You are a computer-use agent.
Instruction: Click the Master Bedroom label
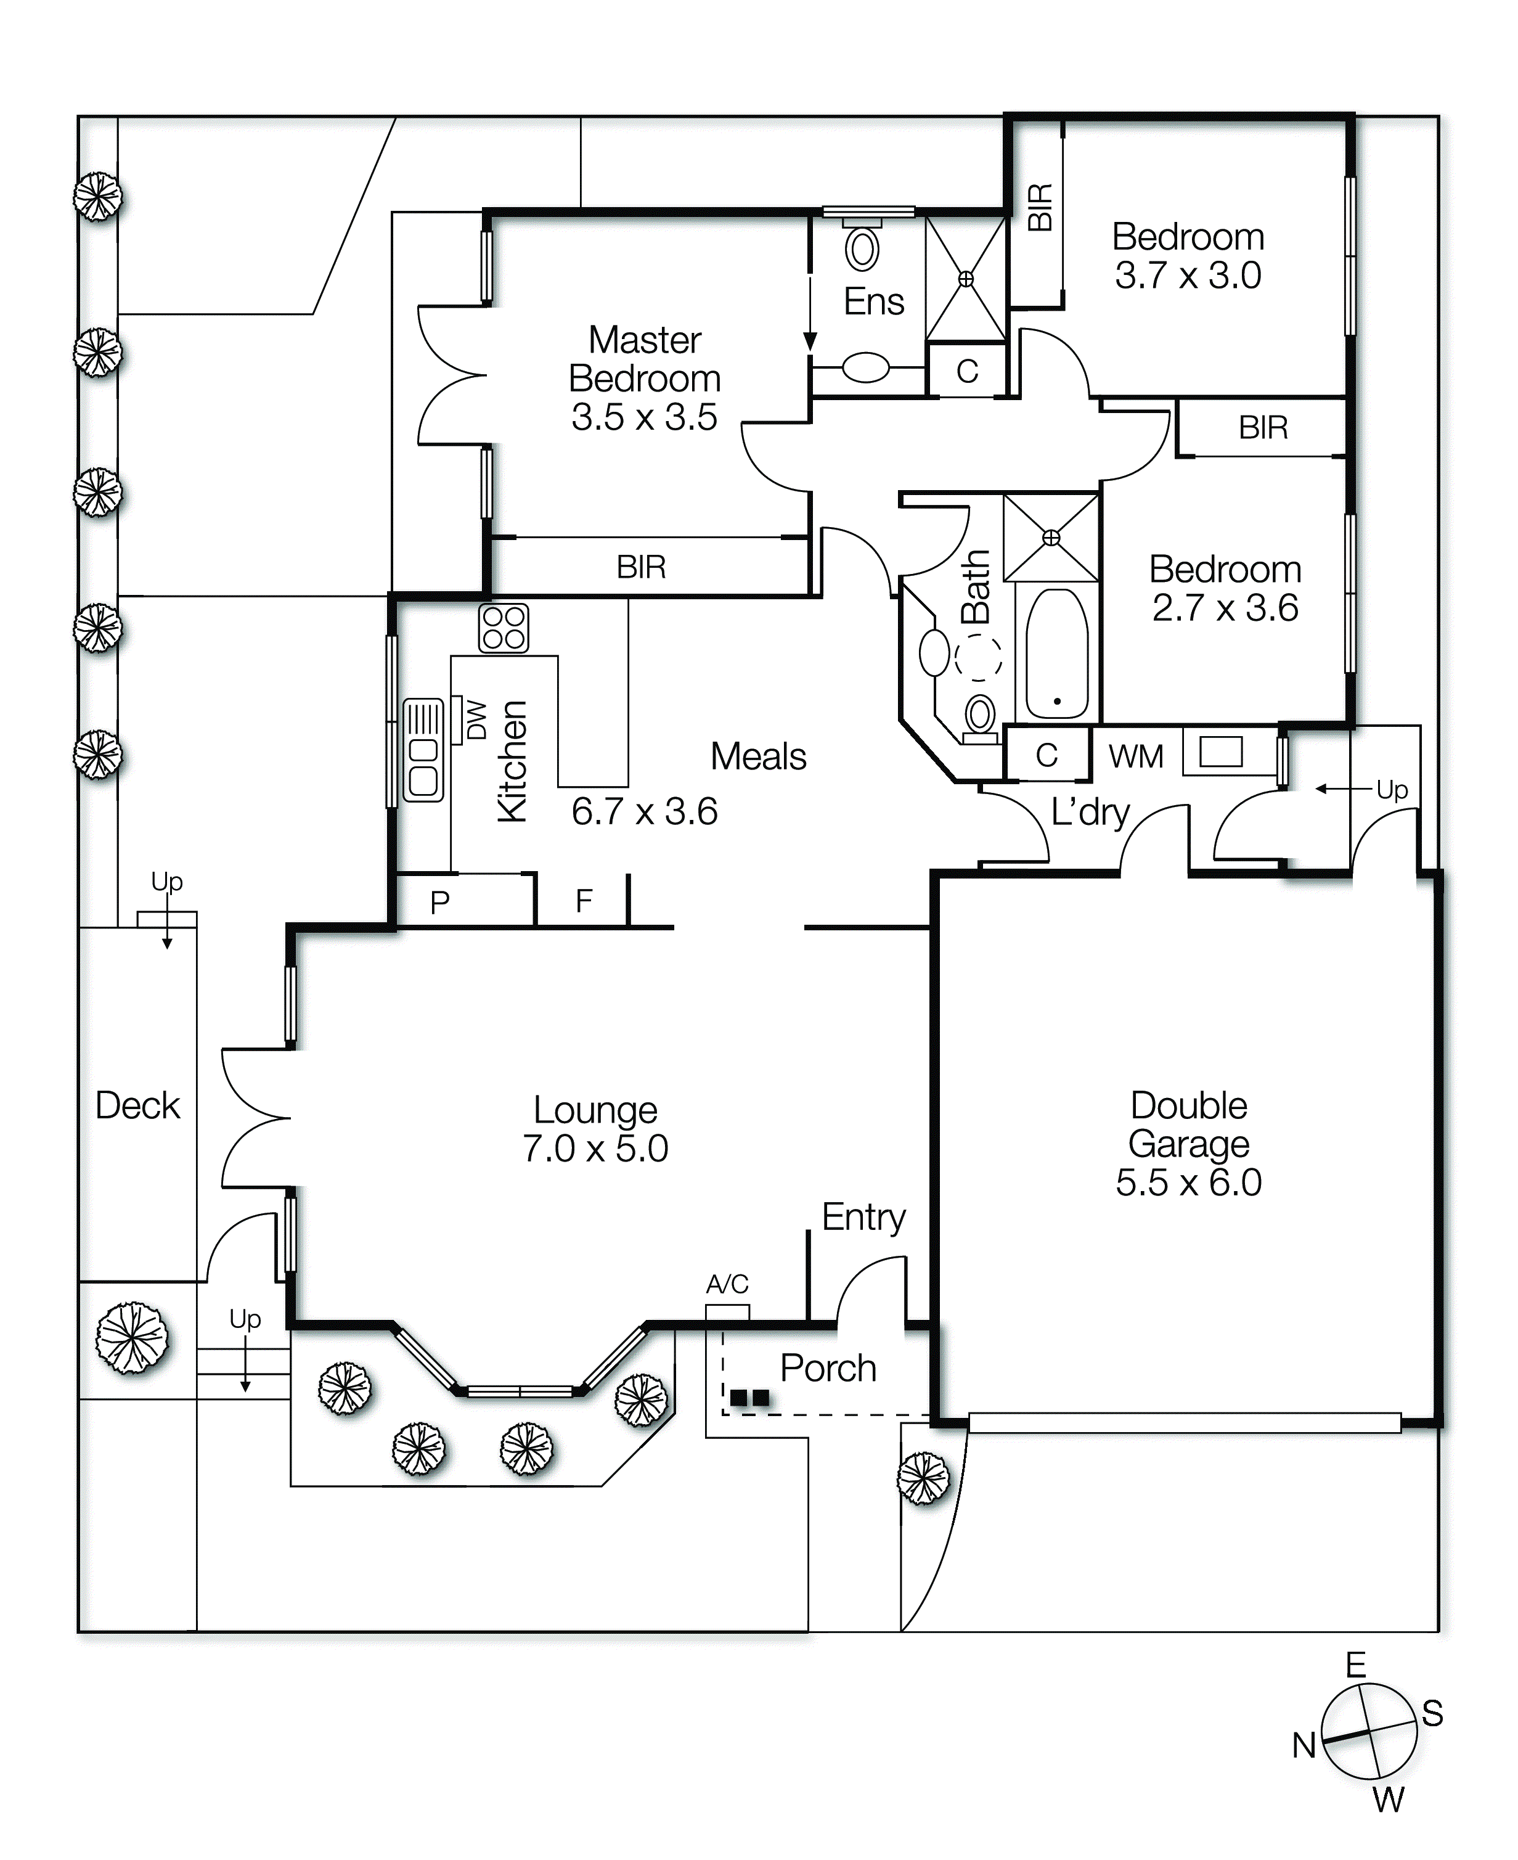tap(645, 359)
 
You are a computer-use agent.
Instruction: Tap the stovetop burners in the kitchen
tap(504, 628)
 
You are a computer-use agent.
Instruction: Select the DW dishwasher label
tap(476, 719)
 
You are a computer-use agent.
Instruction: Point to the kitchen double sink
tap(423, 751)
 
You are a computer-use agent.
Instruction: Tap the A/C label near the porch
tap(727, 1285)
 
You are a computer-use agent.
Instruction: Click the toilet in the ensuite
tap(862, 249)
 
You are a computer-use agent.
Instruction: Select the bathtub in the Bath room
tap(1056, 654)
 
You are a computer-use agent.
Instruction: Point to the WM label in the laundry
tap(1136, 756)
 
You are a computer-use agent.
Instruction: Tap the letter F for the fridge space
tap(583, 901)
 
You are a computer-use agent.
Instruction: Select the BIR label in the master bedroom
tap(641, 568)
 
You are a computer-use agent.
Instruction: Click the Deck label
tap(137, 1106)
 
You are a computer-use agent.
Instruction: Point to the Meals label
tap(758, 757)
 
